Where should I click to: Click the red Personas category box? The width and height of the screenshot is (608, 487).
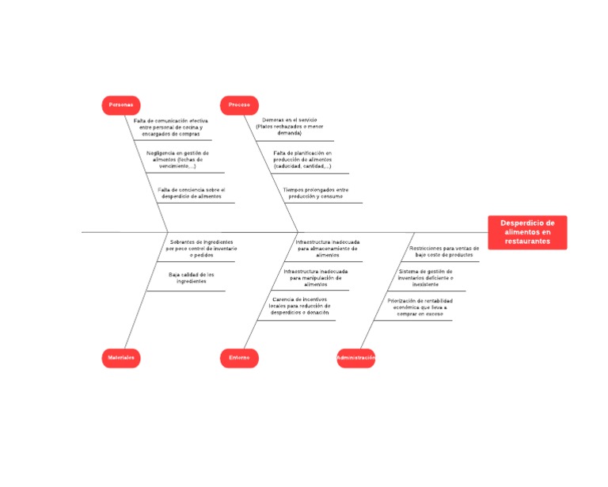121,105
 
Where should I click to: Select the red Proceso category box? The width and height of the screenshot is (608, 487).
239,105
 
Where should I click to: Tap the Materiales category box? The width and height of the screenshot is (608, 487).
121,358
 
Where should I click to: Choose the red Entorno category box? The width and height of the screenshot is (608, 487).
239,358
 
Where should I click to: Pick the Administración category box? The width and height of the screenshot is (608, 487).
355,358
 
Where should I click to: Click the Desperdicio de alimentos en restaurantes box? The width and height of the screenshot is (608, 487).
527,232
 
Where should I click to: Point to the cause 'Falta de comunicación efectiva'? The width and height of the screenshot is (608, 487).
170,127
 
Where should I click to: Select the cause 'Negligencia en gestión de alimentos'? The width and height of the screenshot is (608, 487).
177,159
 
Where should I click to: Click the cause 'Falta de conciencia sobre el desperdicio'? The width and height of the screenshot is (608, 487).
191,192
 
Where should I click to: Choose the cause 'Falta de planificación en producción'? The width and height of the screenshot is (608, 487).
302,159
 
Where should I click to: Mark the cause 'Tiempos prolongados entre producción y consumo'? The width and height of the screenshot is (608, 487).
315,192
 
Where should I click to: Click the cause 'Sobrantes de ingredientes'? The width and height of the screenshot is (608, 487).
201,248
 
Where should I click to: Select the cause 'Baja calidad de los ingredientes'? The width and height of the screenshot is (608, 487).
191,277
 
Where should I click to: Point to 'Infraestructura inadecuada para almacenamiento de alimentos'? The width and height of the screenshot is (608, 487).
327,248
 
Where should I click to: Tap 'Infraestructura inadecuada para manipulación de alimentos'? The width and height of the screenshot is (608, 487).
315,277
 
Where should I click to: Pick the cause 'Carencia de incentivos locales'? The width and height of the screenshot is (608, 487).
300,306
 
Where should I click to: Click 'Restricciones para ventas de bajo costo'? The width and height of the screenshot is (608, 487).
444,251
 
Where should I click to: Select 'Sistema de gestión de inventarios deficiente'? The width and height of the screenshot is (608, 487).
425,277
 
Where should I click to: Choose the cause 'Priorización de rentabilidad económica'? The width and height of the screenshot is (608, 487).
420,307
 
